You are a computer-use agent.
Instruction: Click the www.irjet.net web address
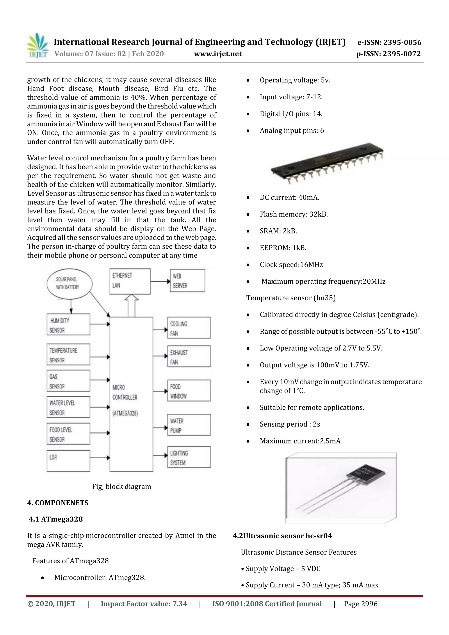click(x=218, y=54)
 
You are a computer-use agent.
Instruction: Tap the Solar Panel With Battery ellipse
click(x=69, y=283)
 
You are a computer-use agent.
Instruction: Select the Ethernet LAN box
click(x=130, y=281)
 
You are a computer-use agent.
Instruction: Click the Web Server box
click(x=187, y=280)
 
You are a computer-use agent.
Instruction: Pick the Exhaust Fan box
click(x=189, y=356)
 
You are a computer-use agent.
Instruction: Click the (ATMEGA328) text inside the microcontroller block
click(x=125, y=413)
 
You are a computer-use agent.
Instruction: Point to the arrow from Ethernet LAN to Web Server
click(x=160, y=281)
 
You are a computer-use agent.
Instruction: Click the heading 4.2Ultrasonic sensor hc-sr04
click(x=282, y=536)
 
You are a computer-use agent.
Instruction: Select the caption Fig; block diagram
click(x=121, y=486)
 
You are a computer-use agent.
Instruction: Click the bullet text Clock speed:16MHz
click(x=291, y=265)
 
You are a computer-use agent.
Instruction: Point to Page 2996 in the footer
click(x=360, y=604)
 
